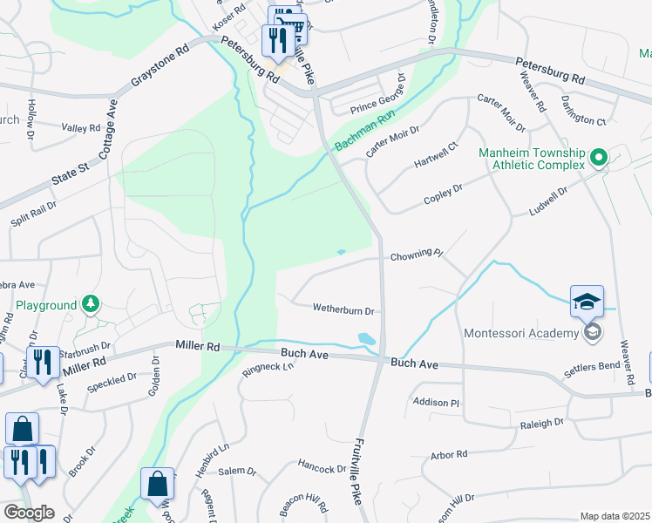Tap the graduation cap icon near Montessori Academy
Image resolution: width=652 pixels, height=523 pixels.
587,302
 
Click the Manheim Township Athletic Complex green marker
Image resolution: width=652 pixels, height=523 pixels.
598,159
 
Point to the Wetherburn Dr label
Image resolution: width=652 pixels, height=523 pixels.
343,309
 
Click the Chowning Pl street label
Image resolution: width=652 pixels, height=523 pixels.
417,255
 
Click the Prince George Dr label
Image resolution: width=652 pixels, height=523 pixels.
377,98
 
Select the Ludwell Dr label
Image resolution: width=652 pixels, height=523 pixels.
548,201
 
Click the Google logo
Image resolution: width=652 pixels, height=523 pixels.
28,513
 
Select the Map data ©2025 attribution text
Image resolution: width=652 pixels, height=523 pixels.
615,516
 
